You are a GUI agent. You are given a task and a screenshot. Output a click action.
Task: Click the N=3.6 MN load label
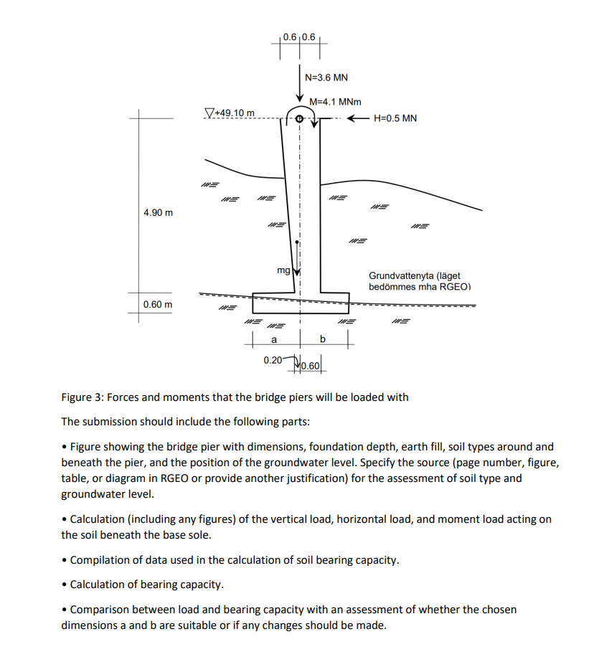click(x=326, y=77)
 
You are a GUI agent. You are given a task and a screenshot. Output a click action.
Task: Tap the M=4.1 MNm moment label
click(x=335, y=103)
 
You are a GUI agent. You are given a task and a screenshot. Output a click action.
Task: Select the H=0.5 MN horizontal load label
click(x=395, y=118)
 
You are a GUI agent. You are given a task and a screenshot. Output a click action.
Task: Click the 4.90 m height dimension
click(x=158, y=213)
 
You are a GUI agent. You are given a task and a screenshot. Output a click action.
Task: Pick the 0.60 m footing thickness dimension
click(x=158, y=304)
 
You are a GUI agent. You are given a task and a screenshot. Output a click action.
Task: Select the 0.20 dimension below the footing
click(x=272, y=359)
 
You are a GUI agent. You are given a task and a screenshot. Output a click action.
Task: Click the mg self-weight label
click(x=283, y=270)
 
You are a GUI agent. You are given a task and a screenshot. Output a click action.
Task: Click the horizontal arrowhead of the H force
click(x=352, y=118)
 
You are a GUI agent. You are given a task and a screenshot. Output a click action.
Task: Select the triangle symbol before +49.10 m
click(x=209, y=112)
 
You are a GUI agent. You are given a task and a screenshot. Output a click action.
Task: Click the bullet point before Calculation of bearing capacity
click(x=65, y=585)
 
